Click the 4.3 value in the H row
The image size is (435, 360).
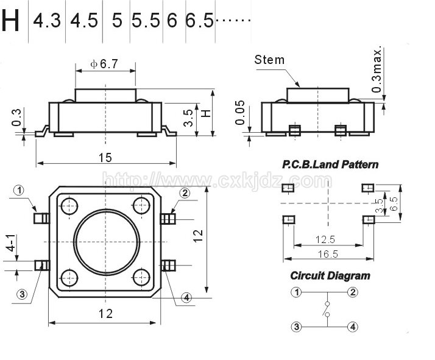coord(46,21)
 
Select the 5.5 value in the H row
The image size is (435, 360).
coord(146,21)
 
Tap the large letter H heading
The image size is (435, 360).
coord(10,20)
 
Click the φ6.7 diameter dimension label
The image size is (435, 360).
coord(104,64)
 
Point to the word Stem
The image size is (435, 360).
coord(269,60)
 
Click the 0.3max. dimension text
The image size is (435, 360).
coord(377,69)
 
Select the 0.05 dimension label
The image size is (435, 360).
coord(240,113)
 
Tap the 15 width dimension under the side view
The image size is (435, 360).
coord(105,158)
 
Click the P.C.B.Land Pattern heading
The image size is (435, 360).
coord(330,164)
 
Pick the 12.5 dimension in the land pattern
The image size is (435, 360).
coord(325,239)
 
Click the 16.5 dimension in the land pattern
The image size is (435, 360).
coord(328,254)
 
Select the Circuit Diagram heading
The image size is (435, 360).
coord(330,276)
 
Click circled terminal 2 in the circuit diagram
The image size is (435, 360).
coord(353,292)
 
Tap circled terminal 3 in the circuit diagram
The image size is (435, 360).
coord(296,326)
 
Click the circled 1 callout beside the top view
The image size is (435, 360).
coord(19,190)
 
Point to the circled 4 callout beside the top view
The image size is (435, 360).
coord(186,298)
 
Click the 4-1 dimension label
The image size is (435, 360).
coord(12,243)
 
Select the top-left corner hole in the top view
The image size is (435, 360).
coord(69,206)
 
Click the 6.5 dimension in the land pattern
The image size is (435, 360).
coord(394,203)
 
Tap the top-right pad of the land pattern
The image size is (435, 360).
coord(368,188)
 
